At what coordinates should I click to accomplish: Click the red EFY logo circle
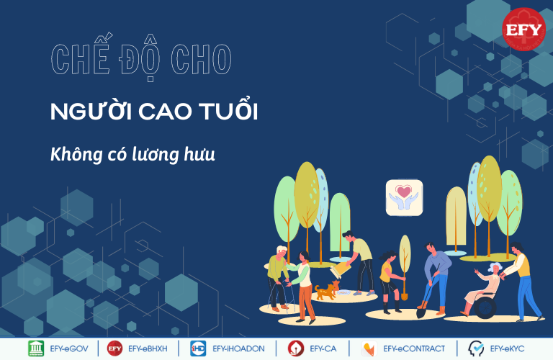(523, 30)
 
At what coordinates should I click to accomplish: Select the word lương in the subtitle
(156, 155)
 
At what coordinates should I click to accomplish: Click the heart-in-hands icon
(404, 197)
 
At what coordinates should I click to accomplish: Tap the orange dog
(327, 291)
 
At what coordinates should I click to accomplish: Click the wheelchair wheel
(485, 307)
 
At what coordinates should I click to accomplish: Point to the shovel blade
(421, 312)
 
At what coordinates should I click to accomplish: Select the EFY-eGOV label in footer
(69, 348)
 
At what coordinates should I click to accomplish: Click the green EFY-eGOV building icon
(36, 348)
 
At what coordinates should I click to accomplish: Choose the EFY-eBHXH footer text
(148, 348)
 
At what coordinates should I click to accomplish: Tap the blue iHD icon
(198, 348)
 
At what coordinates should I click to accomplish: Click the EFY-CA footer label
(323, 348)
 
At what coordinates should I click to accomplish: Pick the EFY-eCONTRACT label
(414, 348)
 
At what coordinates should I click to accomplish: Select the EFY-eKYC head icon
(476, 348)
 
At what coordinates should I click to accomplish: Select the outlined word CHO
(202, 59)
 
